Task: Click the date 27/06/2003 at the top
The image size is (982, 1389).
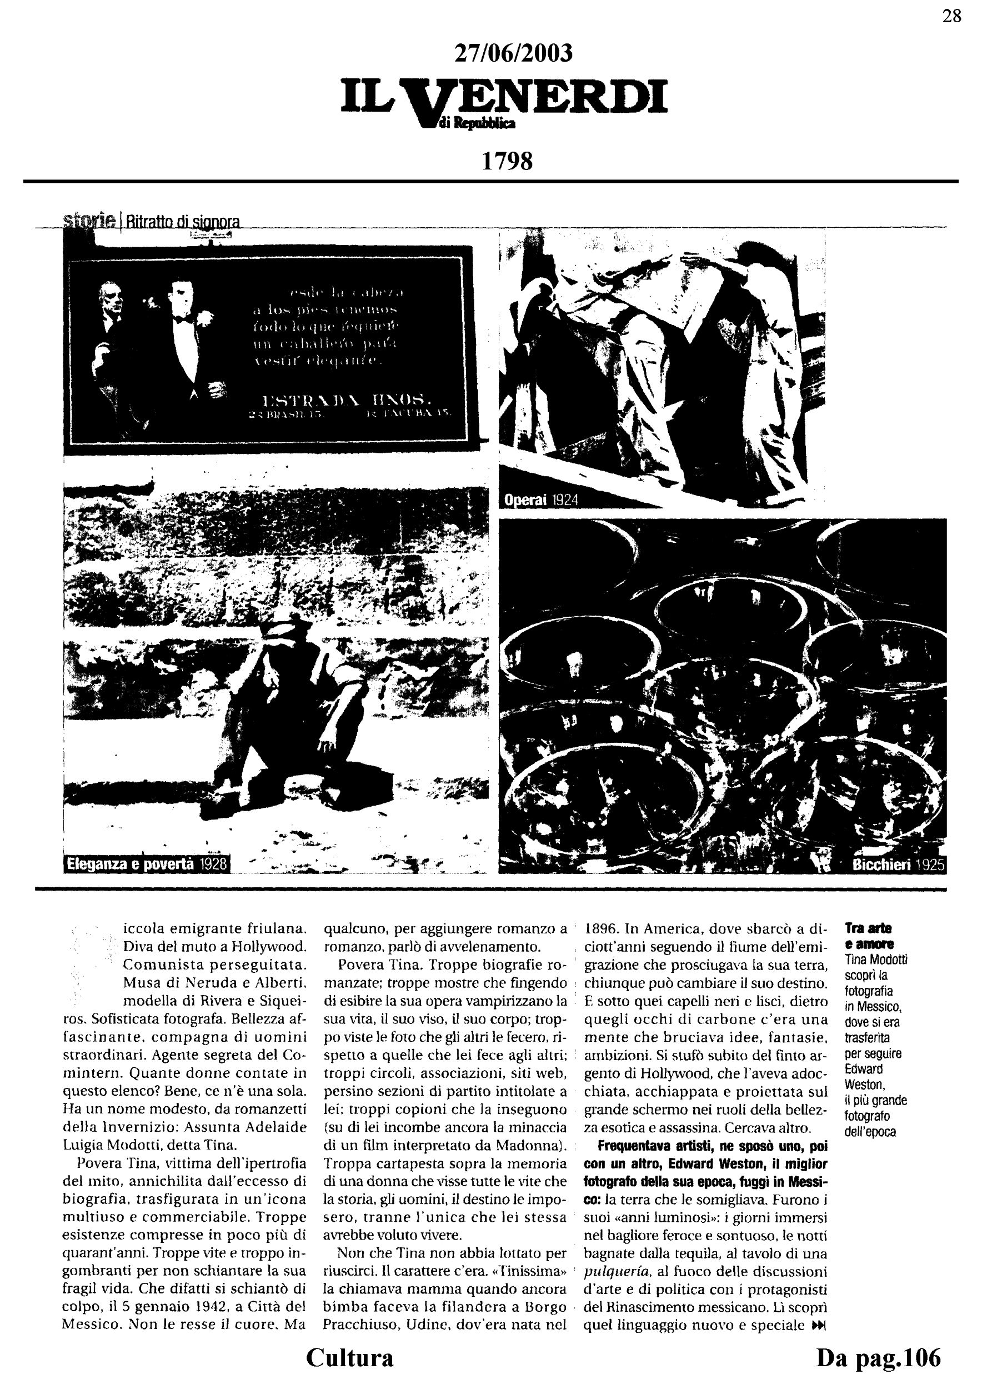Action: click(513, 54)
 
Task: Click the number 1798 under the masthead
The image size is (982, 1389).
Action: click(507, 161)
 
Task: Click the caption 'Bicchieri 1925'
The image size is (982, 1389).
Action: click(898, 865)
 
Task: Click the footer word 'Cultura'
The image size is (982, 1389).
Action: click(349, 1357)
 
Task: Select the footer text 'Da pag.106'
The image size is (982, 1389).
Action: click(879, 1357)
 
